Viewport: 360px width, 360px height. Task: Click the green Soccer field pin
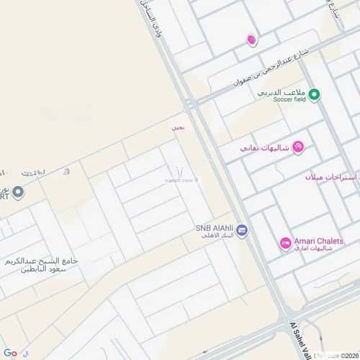click(315, 94)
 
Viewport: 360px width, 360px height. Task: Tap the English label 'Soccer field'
click(289, 99)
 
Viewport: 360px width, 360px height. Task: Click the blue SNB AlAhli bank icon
click(242, 230)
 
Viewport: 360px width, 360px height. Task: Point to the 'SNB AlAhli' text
click(214, 228)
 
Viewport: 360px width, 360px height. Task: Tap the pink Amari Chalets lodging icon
click(285, 243)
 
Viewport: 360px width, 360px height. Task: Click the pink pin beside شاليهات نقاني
click(298, 147)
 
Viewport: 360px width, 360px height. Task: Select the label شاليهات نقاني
click(264, 148)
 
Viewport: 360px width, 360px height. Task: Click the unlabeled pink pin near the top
click(251, 40)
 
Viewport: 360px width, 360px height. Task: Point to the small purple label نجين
click(177, 127)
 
